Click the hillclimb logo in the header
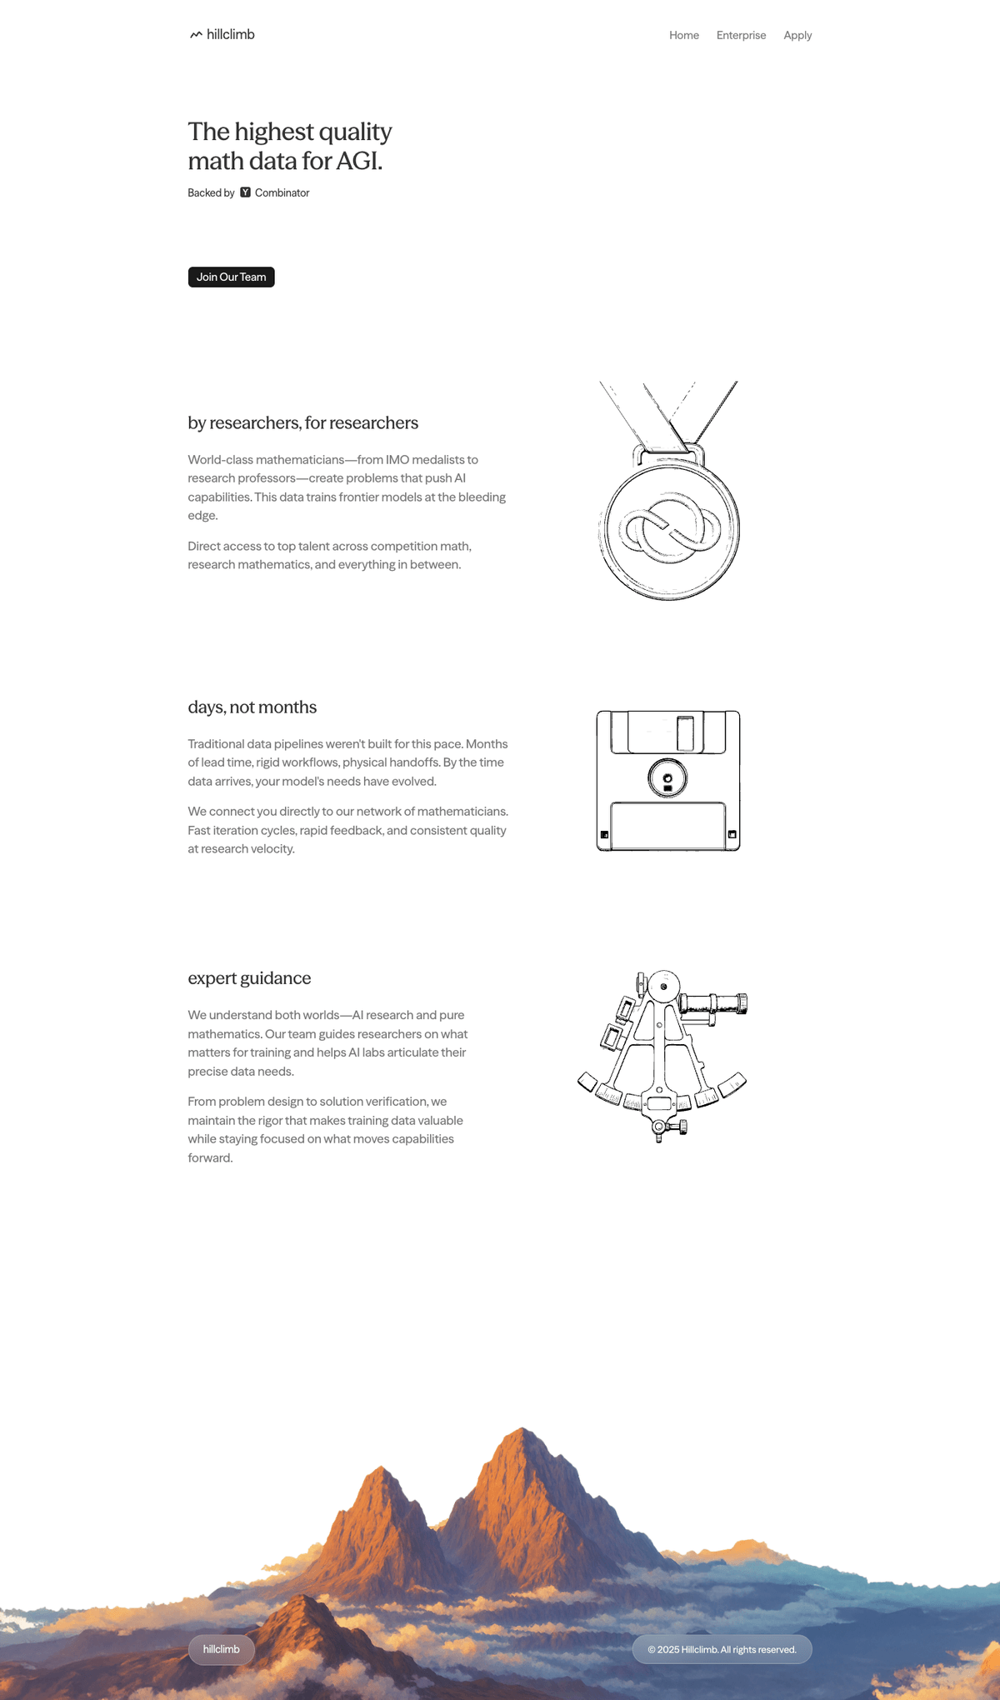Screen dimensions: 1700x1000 [x=222, y=34]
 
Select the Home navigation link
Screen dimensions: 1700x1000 [x=683, y=35]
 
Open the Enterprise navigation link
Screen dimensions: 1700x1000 [x=741, y=35]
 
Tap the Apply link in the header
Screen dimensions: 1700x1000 [x=797, y=35]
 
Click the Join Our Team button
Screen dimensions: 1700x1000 [x=231, y=277]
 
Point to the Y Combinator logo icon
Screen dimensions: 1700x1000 [x=245, y=192]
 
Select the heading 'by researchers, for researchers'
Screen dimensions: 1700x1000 [x=302, y=422]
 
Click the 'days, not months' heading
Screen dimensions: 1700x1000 [x=252, y=707]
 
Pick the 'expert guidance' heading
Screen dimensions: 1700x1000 [x=249, y=977]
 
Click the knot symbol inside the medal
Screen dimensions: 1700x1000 [x=672, y=528]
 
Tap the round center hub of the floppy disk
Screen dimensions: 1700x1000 [x=667, y=779]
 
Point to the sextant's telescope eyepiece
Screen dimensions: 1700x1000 [x=742, y=1003]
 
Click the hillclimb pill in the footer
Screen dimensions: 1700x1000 [x=221, y=1649]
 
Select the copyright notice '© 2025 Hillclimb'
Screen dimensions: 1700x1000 [x=722, y=1649]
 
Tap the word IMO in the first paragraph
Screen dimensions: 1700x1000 [x=397, y=459]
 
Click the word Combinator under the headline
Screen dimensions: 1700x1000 [x=282, y=192]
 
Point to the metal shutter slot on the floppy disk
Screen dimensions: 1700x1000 [x=685, y=733]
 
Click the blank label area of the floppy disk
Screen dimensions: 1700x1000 [x=667, y=825]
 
